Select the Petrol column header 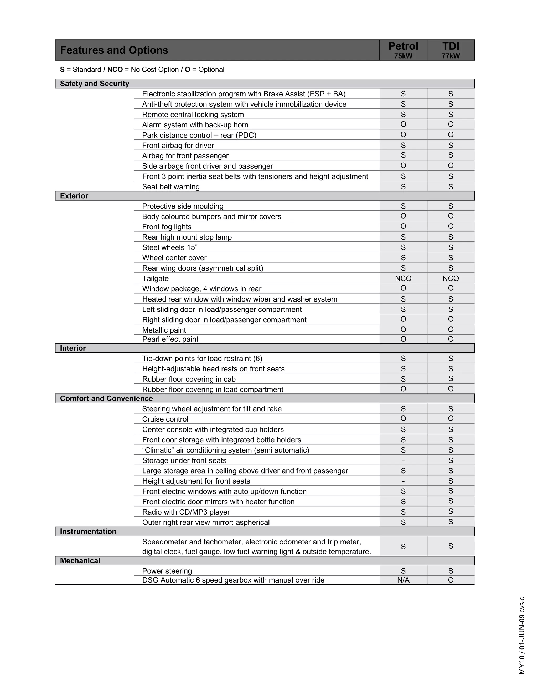click(x=403, y=50)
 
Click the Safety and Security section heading click(x=94, y=84)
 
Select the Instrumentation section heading click(x=88, y=531)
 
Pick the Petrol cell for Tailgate click(x=403, y=278)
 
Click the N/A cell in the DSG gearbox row click(x=403, y=580)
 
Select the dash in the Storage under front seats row click(x=403, y=460)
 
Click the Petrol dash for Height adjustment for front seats click(x=403, y=481)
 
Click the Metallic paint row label click(x=164, y=330)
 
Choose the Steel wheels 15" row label click(x=169, y=248)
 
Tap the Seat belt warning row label click(x=171, y=187)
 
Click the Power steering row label click(x=167, y=571)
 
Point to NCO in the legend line click(x=115, y=70)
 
